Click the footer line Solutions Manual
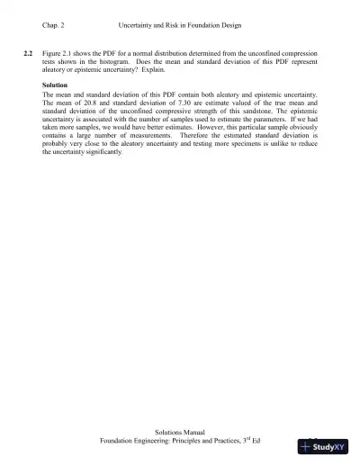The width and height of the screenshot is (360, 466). click(x=179, y=433)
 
